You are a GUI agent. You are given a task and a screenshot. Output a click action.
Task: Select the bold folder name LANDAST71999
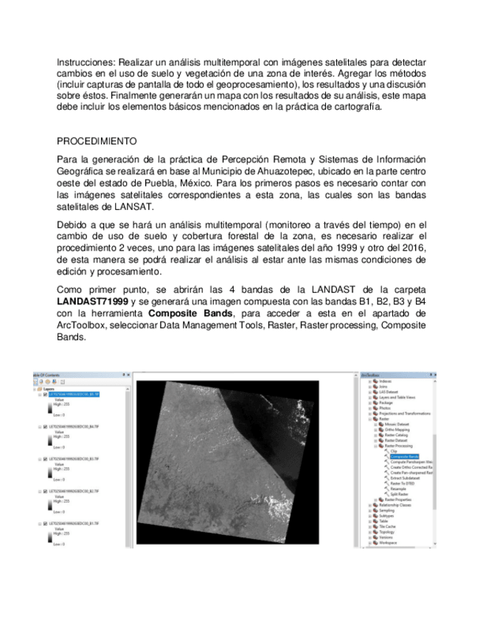(91, 302)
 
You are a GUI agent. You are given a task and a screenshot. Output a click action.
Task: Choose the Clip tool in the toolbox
(393, 451)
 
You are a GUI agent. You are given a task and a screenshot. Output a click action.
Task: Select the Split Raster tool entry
(399, 494)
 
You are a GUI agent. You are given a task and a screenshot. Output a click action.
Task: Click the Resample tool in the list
(398, 488)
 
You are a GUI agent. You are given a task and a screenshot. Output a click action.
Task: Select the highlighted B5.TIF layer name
(74, 394)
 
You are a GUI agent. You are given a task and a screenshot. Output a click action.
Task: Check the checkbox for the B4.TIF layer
(45, 427)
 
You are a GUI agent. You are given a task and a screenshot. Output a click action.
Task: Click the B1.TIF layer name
(74, 522)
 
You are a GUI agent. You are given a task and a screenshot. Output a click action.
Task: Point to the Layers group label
(52, 388)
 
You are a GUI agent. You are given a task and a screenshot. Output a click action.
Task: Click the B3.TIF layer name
(74, 458)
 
